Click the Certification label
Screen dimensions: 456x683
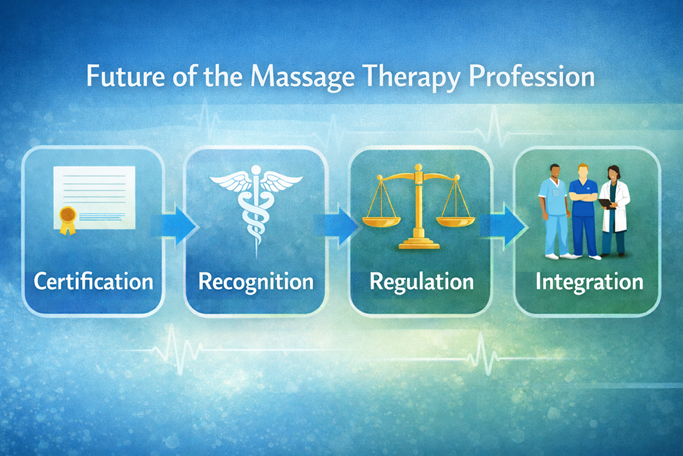pos(94,281)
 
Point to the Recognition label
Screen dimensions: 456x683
pos(256,281)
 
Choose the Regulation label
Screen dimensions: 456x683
pos(421,281)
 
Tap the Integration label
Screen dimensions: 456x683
pos(589,281)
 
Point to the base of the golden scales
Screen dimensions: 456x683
pos(420,243)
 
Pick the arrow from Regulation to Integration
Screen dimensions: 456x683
pos(504,224)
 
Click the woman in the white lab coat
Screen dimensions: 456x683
pos(616,212)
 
